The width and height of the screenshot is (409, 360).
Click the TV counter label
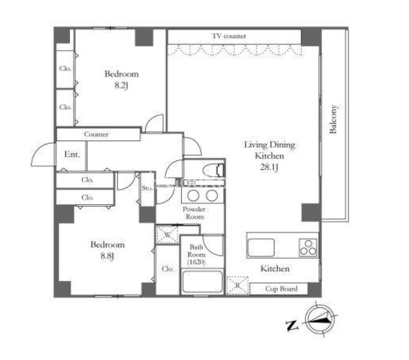(x=229, y=36)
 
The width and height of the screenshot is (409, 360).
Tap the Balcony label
(x=333, y=119)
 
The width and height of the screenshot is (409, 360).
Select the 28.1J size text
(x=269, y=167)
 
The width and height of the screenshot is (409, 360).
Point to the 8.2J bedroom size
(x=121, y=86)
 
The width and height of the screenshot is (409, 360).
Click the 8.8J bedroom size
(x=107, y=256)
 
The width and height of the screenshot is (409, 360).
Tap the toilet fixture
(x=214, y=170)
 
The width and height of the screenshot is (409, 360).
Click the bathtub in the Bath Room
(x=203, y=282)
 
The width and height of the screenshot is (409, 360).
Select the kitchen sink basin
(x=261, y=248)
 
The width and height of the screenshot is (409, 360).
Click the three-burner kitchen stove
(x=308, y=248)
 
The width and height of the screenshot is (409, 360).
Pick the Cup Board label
(x=281, y=289)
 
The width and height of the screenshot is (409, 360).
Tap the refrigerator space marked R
(x=237, y=285)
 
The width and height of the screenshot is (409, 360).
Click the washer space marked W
(x=167, y=235)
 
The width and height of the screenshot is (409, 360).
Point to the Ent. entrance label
(x=72, y=154)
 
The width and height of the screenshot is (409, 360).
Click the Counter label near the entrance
(x=96, y=134)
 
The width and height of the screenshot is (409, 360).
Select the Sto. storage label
(x=147, y=188)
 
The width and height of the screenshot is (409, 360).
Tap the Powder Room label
(x=194, y=213)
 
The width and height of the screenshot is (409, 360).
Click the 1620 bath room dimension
(x=197, y=262)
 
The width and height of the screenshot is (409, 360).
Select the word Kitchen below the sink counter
(x=275, y=269)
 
